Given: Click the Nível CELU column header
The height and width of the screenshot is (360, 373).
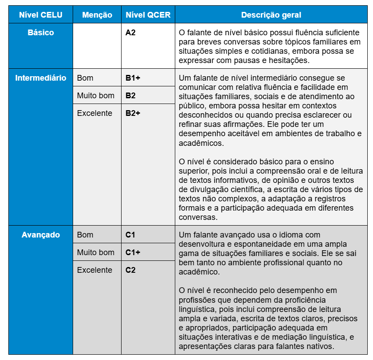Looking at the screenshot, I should coord(41,15).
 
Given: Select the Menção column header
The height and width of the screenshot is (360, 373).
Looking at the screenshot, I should coord(97,15).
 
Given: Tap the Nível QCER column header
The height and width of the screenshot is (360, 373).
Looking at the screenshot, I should coord(148,15).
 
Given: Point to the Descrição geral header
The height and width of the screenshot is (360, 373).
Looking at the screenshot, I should coord(271,15).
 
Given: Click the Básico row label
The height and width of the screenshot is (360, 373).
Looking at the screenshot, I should coord(41,33).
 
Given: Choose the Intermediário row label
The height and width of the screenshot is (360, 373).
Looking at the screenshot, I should coord(41,78).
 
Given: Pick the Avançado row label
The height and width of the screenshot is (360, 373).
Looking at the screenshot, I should coord(41,235).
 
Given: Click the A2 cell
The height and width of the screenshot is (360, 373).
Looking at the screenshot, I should coord(130,33).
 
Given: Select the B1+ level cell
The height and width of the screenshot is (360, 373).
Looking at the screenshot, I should coord(133,78).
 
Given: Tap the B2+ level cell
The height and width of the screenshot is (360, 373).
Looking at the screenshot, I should coord(133,113).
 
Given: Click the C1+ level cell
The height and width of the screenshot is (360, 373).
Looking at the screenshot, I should coord(133,252).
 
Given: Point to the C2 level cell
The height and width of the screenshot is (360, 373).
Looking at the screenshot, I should coord(130,270).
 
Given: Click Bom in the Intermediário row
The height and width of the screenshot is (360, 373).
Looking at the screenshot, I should coord(85,78).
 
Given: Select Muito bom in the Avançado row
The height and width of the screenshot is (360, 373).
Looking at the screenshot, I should coord(96,252).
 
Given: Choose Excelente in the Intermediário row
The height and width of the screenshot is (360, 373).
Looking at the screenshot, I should coord(95,113).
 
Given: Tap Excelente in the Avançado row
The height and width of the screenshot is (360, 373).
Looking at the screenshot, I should coord(95,270).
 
